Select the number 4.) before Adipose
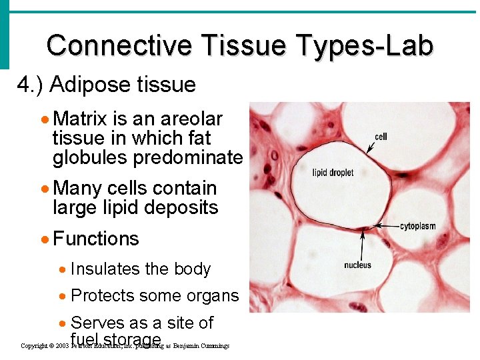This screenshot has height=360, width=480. pos(30,85)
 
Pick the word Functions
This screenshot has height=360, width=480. pos(96,239)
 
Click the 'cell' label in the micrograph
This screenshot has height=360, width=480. pos(381,137)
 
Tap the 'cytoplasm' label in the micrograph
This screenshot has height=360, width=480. pos(417,226)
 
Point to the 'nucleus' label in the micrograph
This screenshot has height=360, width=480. pos(357,265)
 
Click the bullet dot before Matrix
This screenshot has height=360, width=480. pos(44,119)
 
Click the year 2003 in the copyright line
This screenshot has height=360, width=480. pos(62,347)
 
